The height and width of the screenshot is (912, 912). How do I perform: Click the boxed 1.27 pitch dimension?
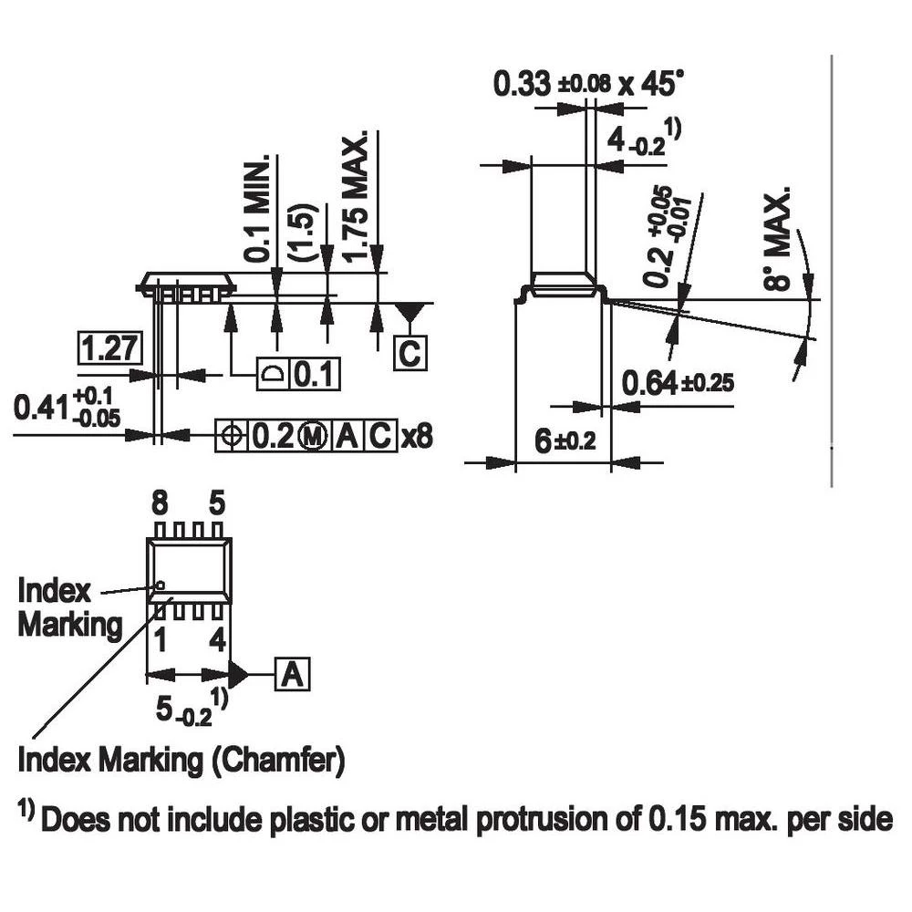[109, 349]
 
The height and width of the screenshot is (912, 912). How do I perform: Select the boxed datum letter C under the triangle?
[409, 352]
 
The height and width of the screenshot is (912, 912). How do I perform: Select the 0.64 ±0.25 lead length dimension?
[678, 382]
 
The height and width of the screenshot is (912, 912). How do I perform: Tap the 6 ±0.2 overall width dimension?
[564, 442]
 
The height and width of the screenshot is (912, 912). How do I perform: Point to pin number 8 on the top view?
[160, 503]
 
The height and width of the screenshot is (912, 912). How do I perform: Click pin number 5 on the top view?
[216, 503]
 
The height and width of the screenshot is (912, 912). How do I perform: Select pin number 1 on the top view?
[160, 641]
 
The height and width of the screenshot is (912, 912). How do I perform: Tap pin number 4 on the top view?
[216, 641]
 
